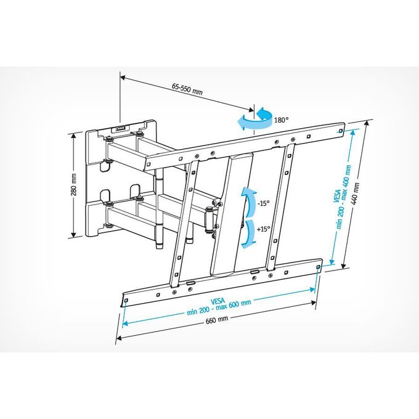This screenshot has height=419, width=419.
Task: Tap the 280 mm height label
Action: pos(74,184)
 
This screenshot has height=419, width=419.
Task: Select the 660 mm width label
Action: pos(217,320)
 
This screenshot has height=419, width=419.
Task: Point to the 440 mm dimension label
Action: pos(356,194)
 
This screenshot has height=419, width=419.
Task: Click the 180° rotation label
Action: pos(282,120)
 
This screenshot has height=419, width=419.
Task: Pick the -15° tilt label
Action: pos(264,203)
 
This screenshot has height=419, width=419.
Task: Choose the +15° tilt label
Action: pos(264,229)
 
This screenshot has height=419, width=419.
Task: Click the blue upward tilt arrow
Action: pos(248,201)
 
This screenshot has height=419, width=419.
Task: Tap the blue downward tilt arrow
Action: pos(249,234)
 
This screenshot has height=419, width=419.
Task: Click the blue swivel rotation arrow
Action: pos(254,119)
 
